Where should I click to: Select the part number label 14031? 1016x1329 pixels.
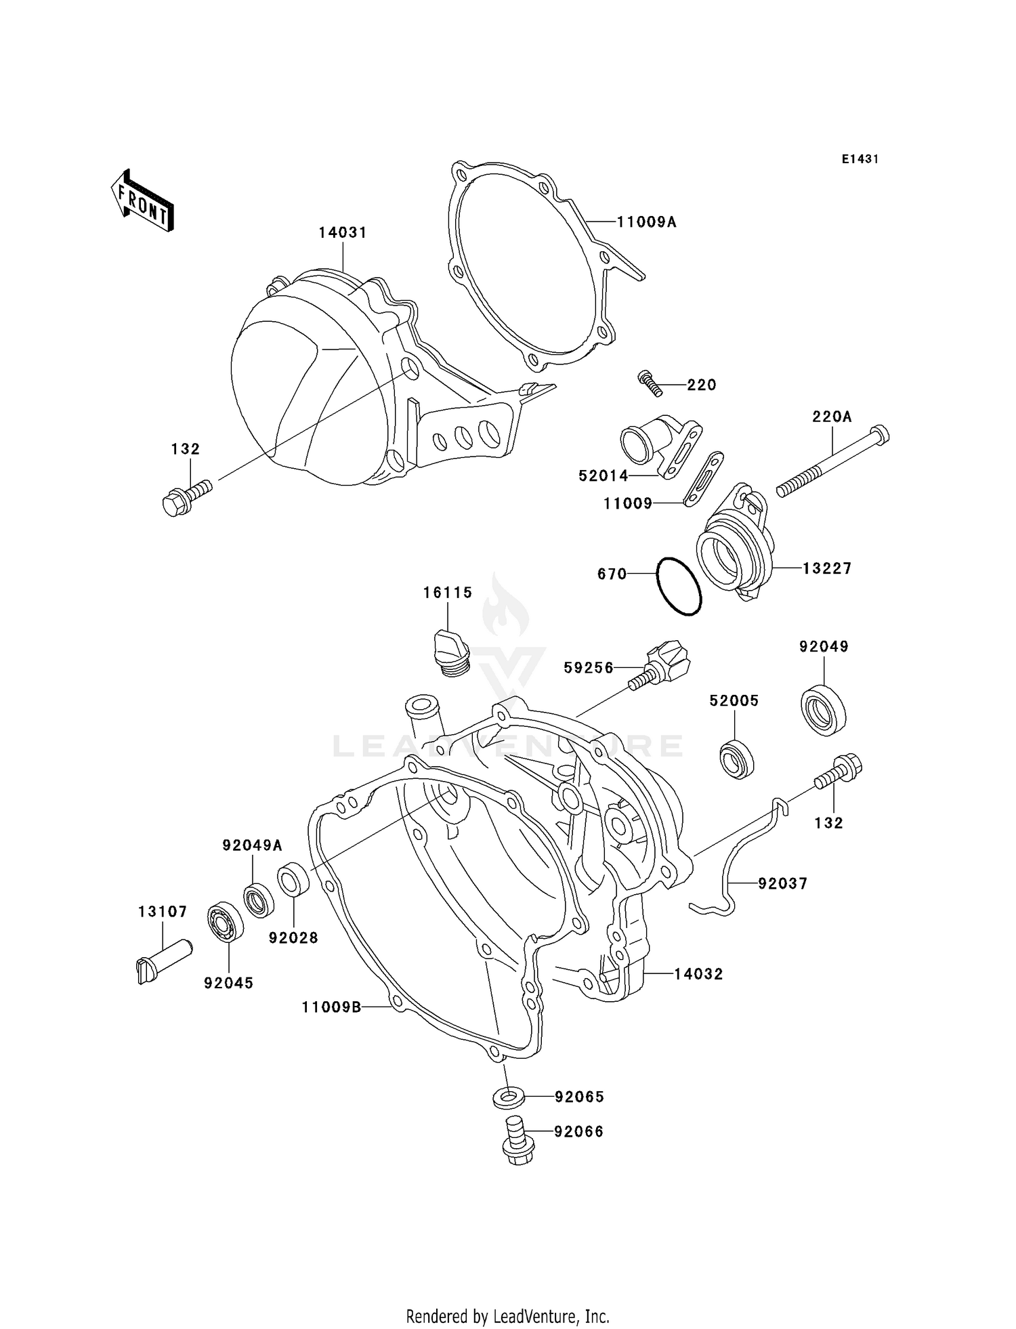tap(343, 232)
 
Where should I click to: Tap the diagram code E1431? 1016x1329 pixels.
tap(860, 159)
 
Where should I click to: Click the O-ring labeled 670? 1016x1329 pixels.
tap(679, 587)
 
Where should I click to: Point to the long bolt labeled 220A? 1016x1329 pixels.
tap(832, 461)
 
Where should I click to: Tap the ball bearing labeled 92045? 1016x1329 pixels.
tap(227, 922)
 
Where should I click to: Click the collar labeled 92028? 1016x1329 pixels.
tap(293, 879)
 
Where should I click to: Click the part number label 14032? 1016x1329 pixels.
tap(698, 974)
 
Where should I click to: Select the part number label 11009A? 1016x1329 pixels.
tap(646, 221)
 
